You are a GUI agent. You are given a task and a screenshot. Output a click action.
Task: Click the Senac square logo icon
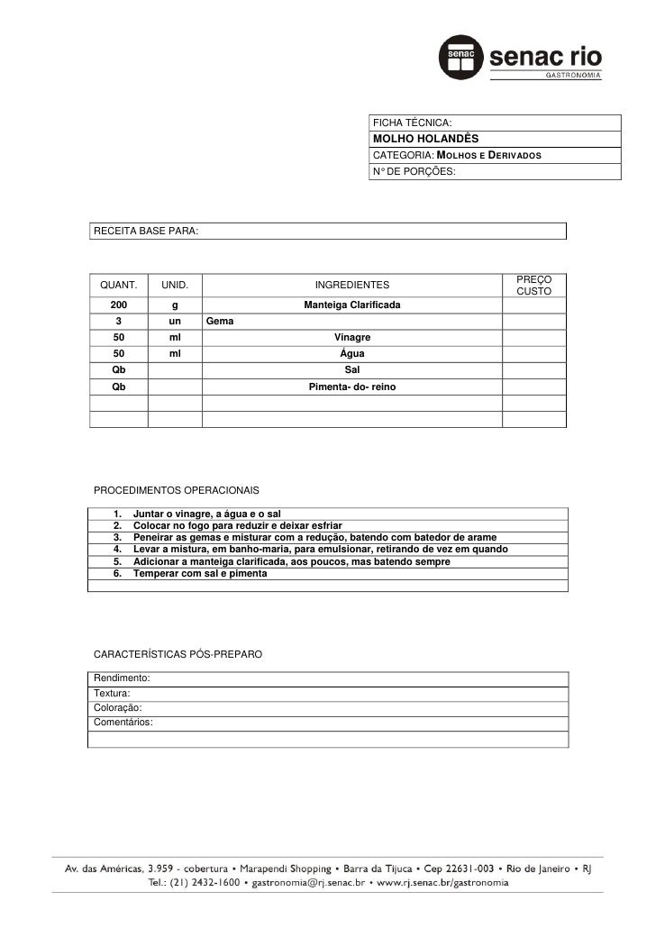pos(460,58)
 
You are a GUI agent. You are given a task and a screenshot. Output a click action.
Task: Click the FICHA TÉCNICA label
pos(413,123)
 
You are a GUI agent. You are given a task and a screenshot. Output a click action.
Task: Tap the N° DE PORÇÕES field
pos(415,170)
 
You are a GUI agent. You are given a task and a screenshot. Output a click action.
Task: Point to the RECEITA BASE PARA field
pos(144,232)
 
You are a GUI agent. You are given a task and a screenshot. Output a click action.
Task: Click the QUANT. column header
pos(118,285)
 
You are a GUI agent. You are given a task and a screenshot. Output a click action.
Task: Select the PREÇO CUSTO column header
pos(534,285)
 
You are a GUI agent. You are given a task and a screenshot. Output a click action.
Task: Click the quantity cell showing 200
pos(118,305)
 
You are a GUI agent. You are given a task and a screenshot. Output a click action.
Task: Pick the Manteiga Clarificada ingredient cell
pos(352,305)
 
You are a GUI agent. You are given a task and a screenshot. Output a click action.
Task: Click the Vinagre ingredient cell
pos(352,337)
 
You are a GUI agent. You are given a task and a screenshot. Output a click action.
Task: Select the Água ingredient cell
pos(352,353)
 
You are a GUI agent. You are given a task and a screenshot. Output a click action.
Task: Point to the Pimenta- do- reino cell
pos(352,387)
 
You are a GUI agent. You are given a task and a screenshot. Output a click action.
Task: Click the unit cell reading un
pos(174,321)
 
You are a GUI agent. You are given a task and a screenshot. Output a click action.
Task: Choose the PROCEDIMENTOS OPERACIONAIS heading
pos(176,490)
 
